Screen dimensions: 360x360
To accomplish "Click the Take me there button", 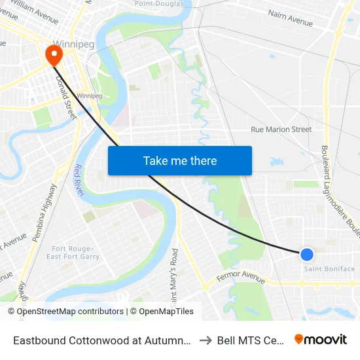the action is coord(180,161).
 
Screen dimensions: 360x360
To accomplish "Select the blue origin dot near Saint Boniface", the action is coord(306,254).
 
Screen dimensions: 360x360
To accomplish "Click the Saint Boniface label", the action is coord(329,269).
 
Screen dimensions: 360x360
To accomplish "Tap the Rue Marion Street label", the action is coord(281,130).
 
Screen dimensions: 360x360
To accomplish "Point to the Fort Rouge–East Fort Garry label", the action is coord(73,253).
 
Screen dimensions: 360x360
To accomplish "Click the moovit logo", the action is coord(320,339).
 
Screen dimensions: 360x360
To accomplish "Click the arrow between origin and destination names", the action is coord(204,340).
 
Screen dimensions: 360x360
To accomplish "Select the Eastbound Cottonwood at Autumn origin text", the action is coord(101,340).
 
